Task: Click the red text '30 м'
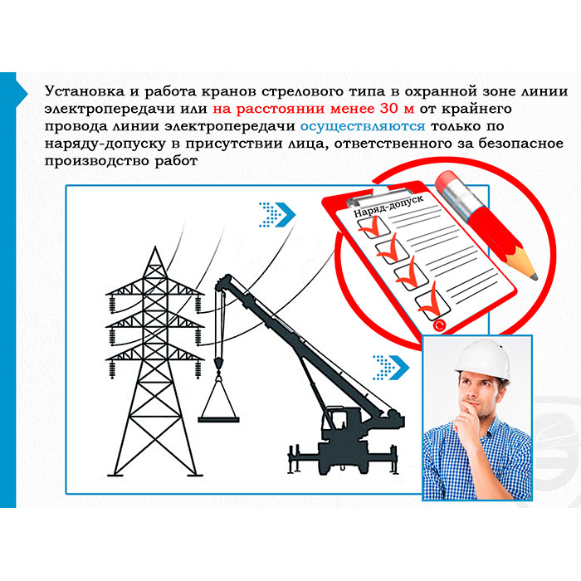[x=397, y=109]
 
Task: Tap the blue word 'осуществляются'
[x=363, y=126]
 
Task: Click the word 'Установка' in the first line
[x=85, y=91]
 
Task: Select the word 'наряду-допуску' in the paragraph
[x=105, y=144]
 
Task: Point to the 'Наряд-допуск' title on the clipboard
[x=388, y=207]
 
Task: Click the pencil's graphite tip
[x=534, y=276]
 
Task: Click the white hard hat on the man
[x=482, y=359]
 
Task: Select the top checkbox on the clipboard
[x=373, y=226]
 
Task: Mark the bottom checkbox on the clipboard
[x=432, y=305]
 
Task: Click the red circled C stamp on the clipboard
[x=439, y=325]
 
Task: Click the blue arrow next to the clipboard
[x=276, y=214]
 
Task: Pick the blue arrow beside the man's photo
[x=391, y=368]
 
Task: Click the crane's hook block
[x=218, y=364]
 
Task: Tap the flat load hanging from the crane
[x=218, y=420]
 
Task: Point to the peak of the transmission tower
[x=155, y=247]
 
